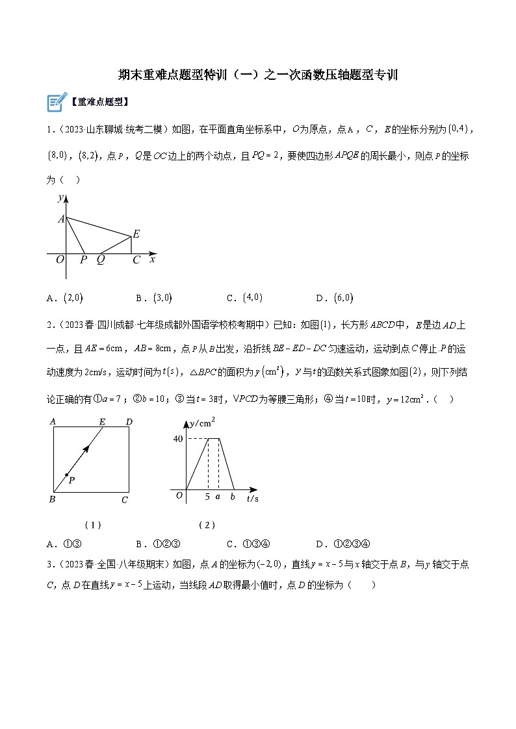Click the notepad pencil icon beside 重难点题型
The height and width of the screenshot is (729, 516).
(x=57, y=102)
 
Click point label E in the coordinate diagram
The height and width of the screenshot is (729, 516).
(x=136, y=234)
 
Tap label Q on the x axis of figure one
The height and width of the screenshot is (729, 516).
(x=101, y=260)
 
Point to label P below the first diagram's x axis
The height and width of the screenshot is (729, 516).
(x=83, y=260)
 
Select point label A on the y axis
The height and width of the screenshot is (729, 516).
(x=61, y=219)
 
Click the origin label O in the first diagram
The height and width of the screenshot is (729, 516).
(x=59, y=260)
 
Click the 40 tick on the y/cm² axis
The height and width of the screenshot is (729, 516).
(x=177, y=439)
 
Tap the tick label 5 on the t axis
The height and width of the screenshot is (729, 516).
(x=207, y=497)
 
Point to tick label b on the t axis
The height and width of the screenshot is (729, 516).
(x=233, y=497)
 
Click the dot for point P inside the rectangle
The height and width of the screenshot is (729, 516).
(x=66, y=475)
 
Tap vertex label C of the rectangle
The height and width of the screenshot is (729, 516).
(x=125, y=500)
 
